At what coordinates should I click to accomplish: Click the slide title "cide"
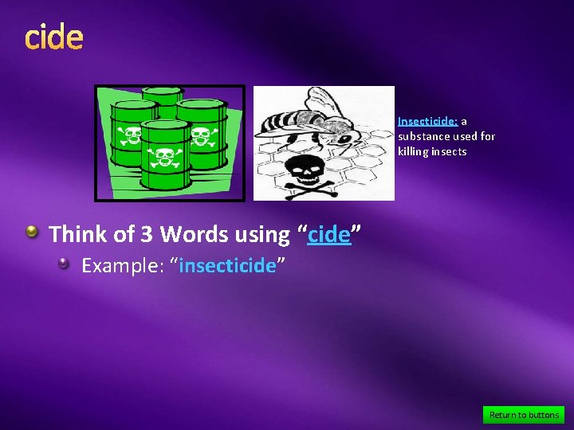click(x=53, y=37)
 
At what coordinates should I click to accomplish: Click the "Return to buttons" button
click(x=524, y=415)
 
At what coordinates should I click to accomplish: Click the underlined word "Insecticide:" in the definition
click(x=427, y=122)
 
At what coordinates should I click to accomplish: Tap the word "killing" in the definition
click(x=413, y=151)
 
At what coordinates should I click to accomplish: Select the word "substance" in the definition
click(x=423, y=136)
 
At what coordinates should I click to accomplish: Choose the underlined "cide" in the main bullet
click(x=329, y=235)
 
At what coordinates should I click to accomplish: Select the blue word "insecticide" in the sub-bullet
click(x=227, y=265)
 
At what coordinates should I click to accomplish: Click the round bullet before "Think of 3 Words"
click(x=32, y=232)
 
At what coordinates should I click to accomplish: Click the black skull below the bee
click(x=303, y=171)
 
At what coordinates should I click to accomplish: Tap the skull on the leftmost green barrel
click(x=128, y=135)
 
